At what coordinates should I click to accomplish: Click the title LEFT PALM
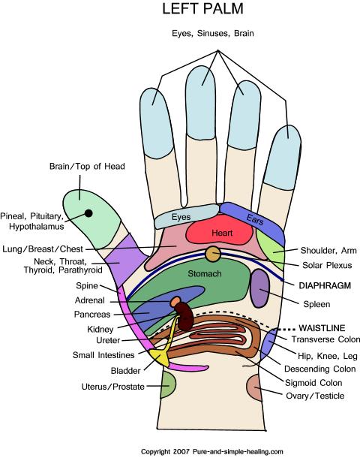(202, 8)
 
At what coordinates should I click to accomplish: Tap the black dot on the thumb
(88, 213)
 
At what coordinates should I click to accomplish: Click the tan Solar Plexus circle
(213, 254)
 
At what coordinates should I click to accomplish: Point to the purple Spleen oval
(260, 288)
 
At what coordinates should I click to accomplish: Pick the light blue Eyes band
(187, 216)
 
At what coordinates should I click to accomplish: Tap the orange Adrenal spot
(175, 301)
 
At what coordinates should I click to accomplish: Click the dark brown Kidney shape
(185, 317)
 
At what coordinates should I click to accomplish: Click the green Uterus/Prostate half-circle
(168, 384)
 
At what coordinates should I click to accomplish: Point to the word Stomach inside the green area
(205, 274)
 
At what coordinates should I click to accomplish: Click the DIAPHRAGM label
(325, 285)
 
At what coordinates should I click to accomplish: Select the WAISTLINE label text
(322, 328)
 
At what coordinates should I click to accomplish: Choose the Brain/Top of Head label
(87, 167)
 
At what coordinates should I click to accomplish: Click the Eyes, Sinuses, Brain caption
(213, 33)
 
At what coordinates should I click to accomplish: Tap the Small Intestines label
(103, 355)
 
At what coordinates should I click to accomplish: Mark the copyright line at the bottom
(212, 451)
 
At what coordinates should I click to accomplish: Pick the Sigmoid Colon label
(313, 383)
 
